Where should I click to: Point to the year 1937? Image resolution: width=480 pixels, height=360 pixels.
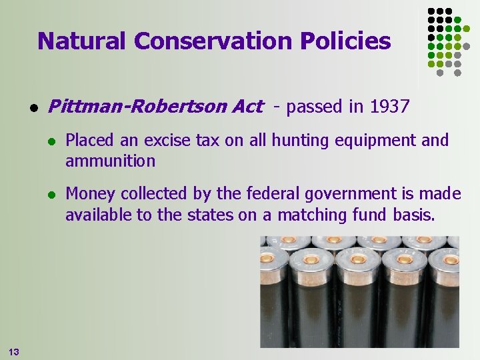click(x=389, y=107)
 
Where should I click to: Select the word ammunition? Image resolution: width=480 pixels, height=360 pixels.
click(x=110, y=161)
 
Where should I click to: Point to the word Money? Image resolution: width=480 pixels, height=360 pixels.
click(x=88, y=194)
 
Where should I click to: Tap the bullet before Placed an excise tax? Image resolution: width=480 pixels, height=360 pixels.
click(x=51, y=141)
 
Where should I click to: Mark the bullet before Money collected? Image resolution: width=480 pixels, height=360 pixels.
click(x=51, y=195)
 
